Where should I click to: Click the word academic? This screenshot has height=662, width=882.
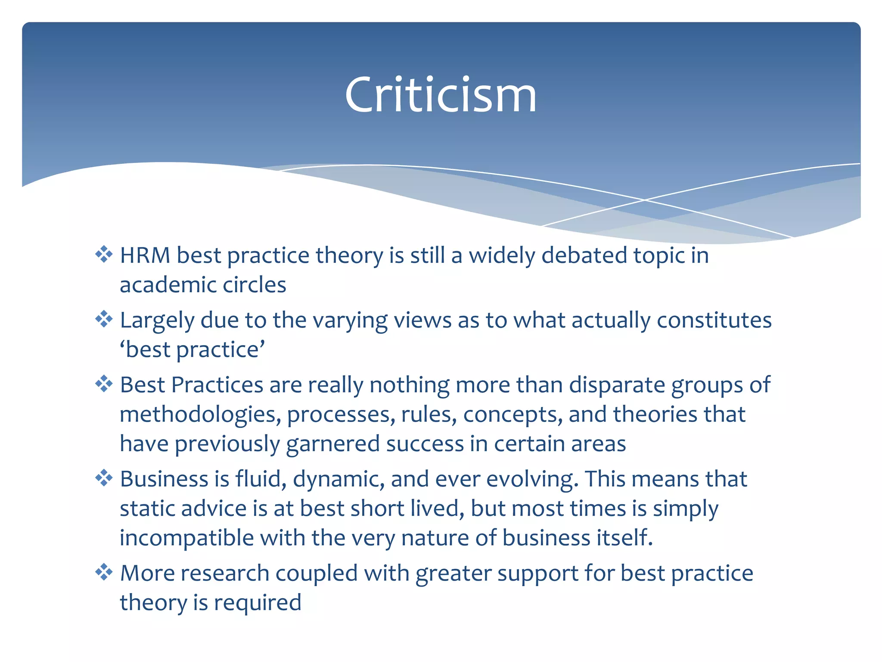[x=168, y=285]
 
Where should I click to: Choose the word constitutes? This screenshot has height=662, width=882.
[x=714, y=320]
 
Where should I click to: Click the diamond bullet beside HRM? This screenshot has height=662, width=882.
[x=104, y=254]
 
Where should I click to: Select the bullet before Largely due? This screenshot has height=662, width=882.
[x=104, y=319]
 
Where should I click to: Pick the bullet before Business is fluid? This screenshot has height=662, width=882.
[x=104, y=478]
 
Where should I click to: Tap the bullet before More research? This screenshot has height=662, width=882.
[x=104, y=572]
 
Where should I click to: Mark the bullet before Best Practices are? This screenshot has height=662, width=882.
[x=104, y=384]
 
